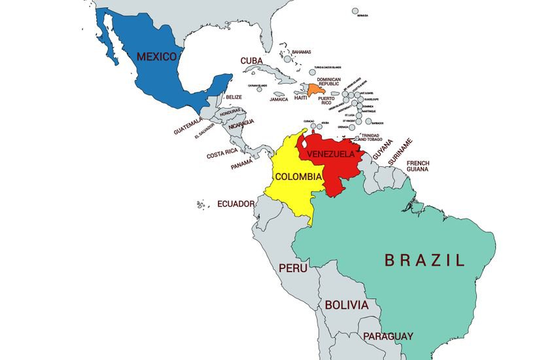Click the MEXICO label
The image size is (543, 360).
pyautogui.click(x=157, y=56)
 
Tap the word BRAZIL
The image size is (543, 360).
pyautogui.click(x=425, y=260)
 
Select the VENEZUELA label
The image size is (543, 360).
pyautogui.click(x=330, y=154)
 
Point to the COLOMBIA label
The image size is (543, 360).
pyautogui.click(x=298, y=177)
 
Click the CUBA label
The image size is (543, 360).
pyautogui.click(x=251, y=60)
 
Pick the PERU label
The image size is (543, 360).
pyautogui.click(x=293, y=268)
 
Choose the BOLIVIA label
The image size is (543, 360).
pyautogui.click(x=347, y=305)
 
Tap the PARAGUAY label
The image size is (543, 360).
pyautogui.click(x=389, y=336)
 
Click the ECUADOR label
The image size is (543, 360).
pyautogui.click(x=236, y=204)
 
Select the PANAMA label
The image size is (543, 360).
pyautogui.click(x=242, y=164)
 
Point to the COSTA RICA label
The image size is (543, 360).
pyautogui.click(x=222, y=154)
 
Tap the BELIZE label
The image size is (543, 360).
pyautogui.click(x=234, y=98)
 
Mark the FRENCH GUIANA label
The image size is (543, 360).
pyautogui.click(x=417, y=166)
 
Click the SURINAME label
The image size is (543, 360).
pyautogui.click(x=401, y=151)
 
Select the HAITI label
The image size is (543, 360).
pyautogui.click(x=300, y=98)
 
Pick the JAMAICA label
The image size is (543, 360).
pyautogui.click(x=279, y=99)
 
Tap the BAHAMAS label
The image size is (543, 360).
pyautogui.click(x=302, y=52)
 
